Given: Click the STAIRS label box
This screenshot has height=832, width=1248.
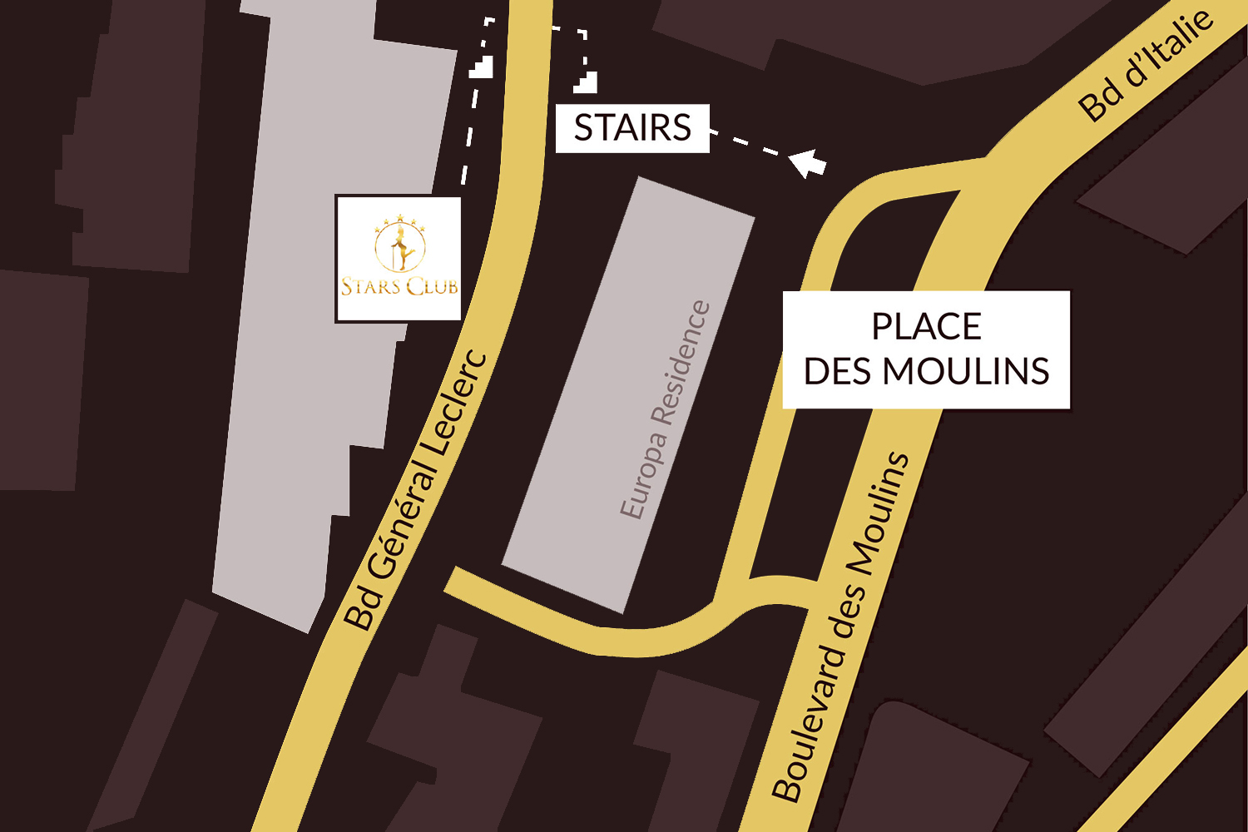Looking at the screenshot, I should click(632, 128).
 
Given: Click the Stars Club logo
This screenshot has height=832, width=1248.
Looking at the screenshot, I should click(399, 258).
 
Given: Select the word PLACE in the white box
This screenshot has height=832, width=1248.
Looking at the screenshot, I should click(926, 326).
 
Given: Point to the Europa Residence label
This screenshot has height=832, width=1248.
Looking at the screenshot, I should click(666, 410).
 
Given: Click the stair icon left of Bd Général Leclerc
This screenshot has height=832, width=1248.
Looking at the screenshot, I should click(482, 67).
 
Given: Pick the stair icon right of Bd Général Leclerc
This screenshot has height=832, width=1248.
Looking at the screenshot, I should click(586, 82).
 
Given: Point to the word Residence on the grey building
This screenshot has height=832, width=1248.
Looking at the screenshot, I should click(681, 362).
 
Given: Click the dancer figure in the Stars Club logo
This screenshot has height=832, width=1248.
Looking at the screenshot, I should click(400, 245).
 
